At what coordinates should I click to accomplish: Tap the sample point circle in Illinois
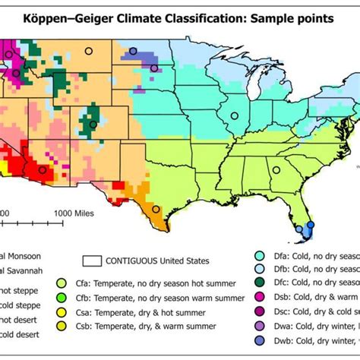(x=235, y=116)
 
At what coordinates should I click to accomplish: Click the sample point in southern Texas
(x=156, y=209)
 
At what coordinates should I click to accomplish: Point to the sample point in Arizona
(x=42, y=171)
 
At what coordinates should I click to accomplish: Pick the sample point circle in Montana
(x=88, y=52)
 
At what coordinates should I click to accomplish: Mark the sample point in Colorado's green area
(x=93, y=124)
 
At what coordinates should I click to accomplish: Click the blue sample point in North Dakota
(x=134, y=52)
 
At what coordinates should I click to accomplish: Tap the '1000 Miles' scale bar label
(x=74, y=213)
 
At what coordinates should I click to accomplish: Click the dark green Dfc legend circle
(x=260, y=283)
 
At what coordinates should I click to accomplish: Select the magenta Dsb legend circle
(x=260, y=297)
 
